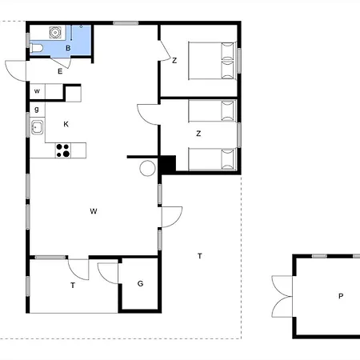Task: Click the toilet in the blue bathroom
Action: pos(37,48)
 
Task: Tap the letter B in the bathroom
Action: pos(68,48)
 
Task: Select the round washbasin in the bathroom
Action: pos(55,33)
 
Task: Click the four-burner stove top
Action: pos(63,150)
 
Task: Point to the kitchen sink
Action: pos(38,127)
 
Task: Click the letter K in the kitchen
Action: pos(66,124)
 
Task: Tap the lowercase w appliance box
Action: pos(37,91)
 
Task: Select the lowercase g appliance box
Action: pos(37,110)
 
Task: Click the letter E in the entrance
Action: pos(60,71)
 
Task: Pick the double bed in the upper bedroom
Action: pos(212,61)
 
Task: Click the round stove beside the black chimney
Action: pos(147,169)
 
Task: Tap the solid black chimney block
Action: pos(167,164)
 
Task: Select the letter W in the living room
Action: pos(94,211)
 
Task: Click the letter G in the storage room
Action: pos(140,283)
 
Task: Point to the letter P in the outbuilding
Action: pos(341,296)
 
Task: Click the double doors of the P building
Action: pos(282,297)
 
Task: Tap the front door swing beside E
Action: pos(15,71)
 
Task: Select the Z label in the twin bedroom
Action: pos(198,134)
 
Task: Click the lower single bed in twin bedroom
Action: pos(212,159)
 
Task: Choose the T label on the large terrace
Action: pos(200,256)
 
